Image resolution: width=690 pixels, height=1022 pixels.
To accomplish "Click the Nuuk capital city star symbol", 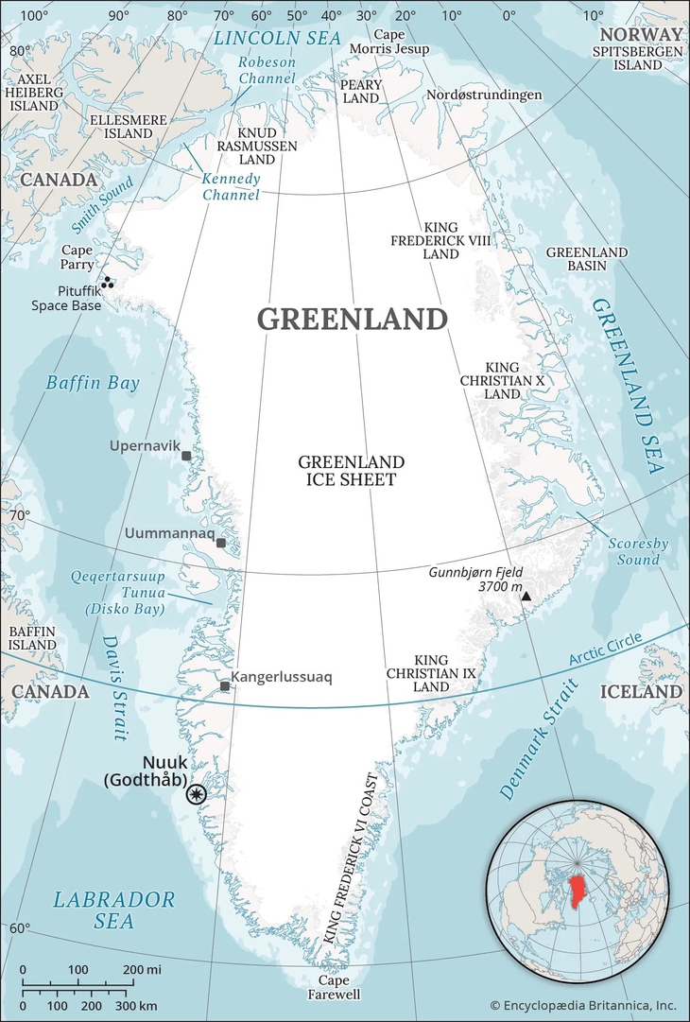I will click(x=197, y=794).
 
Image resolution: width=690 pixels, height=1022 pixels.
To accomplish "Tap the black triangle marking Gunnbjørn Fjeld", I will click(x=526, y=597).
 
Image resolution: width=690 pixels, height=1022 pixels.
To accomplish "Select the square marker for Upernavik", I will click(x=186, y=456).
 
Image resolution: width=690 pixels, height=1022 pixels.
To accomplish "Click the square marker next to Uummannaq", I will click(x=221, y=543).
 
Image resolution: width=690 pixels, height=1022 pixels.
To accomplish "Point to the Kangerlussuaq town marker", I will click(x=224, y=686).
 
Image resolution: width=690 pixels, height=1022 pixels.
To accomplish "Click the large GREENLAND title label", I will click(x=353, y=320).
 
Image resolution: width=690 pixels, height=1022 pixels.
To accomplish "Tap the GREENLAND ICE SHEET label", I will click(x=351, y=471).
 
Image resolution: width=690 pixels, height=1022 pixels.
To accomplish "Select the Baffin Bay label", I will click(x=93, y=383).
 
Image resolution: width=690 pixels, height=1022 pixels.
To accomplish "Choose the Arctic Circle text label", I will click(x=605, y=651).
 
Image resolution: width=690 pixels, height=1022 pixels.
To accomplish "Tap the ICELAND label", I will click(x=641, y=692).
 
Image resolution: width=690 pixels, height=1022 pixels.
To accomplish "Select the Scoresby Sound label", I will click(x=633, y=551).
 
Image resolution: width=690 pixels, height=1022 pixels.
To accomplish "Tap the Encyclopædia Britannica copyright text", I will click(x=583, y=1005).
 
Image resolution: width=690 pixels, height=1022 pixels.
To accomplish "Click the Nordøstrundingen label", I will click(x=484, y=95).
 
